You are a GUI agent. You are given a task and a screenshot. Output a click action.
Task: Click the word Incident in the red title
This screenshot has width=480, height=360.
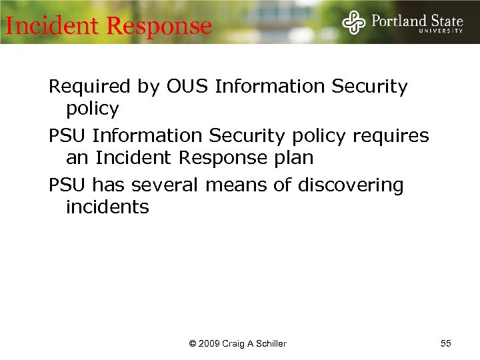pos(52,26)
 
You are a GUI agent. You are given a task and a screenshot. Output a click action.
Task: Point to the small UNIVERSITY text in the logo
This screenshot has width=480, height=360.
pos(441,31)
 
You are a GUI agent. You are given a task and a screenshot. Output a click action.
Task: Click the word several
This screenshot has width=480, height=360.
pos(160,185)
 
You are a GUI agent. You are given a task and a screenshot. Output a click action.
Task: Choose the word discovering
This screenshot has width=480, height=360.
pos(351,185)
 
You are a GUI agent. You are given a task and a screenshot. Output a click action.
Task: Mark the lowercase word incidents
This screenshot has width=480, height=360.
pos(107,207)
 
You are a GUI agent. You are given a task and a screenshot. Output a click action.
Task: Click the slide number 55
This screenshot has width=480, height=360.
pos(446,343)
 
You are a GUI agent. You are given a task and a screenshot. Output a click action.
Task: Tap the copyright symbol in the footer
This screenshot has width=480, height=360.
pos(193,344)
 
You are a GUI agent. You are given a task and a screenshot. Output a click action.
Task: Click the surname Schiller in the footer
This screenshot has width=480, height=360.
pos(269,344)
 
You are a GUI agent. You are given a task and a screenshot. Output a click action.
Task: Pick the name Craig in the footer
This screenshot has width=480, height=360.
pos(234,344)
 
